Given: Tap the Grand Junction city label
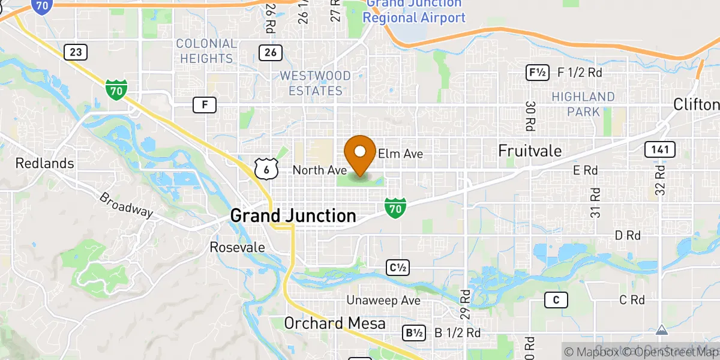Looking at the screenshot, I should tap(293, 215).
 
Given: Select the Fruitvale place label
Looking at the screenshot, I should tap(530, 151).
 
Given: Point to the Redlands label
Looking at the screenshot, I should tap(44, 163).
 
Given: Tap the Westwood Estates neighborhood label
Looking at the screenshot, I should tap(315, 83).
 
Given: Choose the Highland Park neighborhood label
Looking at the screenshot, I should tap(583, 104).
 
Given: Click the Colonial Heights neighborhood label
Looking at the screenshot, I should tap(206, 51).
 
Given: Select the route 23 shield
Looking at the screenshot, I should tap(75, 52).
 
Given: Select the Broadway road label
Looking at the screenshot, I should tap(126, 205).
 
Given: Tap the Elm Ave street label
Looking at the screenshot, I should tap(400, 154).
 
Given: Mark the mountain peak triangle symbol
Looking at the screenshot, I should tap(661, 330).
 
